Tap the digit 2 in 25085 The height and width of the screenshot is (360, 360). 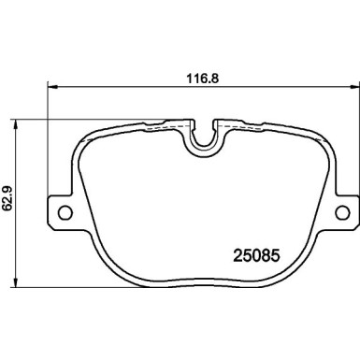click(237, 252)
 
